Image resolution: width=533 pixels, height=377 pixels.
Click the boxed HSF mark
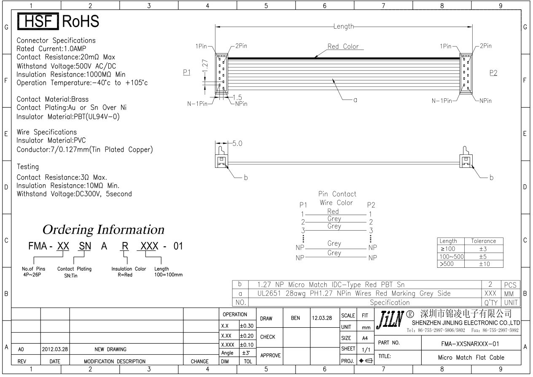(38, 21)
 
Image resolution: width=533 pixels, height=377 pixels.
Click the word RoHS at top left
(81, 21)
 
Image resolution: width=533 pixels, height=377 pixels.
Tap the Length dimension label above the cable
(343, 26)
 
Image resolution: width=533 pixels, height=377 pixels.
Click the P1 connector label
(187, 72)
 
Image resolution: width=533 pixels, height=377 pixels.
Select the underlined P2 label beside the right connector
(493, 73)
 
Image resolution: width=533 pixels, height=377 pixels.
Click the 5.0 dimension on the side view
(237, 143)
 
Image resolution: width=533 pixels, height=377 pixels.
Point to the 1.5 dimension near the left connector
(237, 97)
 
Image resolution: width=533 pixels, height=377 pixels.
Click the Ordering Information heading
(103, 230)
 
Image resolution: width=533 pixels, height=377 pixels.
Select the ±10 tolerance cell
(484, 264)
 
